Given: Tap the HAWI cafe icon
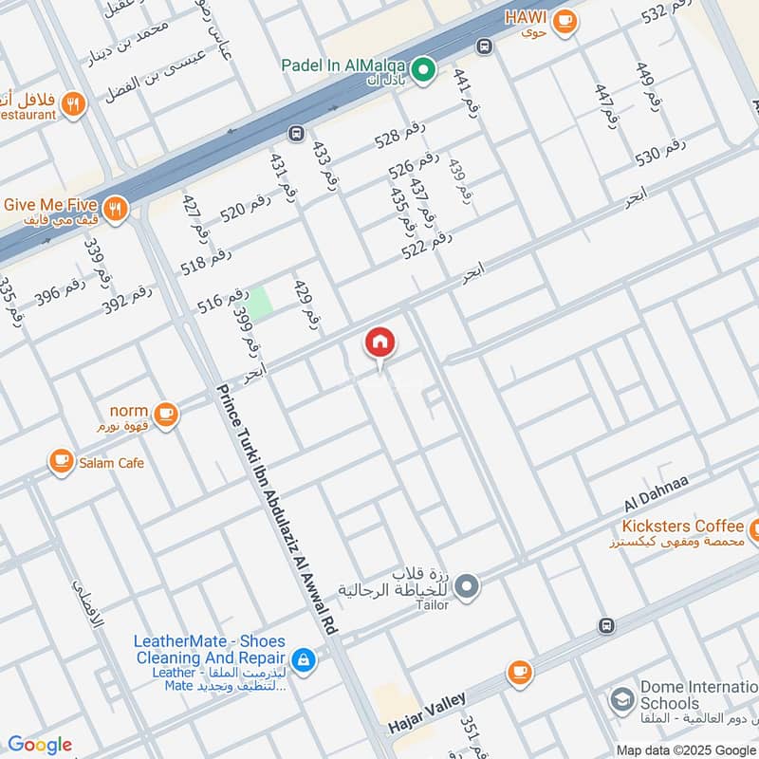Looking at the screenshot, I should click(x=565, y=20).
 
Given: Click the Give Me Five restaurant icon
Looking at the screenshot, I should click(x=116, y=208).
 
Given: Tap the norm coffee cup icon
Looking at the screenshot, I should click(x=166, y=413).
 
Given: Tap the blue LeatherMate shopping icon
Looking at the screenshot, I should click(x=303, y=659).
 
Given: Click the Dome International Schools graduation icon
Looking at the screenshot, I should click(x=622, y=700).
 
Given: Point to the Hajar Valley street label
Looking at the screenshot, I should click(x=427, y=713).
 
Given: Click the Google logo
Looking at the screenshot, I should click(x=39, y=745).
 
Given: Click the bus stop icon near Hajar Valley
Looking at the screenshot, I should click(x=606, y=625).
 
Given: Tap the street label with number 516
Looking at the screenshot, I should click(x=223, y=300).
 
